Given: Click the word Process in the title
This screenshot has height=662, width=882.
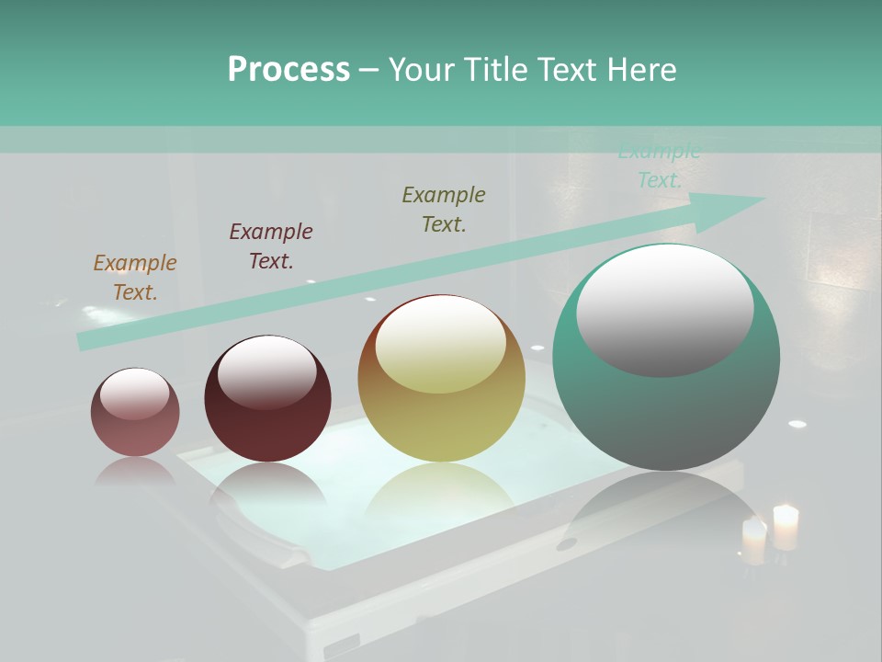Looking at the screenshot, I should pos(288,70).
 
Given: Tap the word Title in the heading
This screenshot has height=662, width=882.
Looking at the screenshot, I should pos(494,70).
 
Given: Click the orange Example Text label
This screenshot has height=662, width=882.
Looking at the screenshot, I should pos(135,278).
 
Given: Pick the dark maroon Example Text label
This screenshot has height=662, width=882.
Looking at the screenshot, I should pos(271,246).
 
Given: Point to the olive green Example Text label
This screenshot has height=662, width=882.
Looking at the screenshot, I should pos(444,210).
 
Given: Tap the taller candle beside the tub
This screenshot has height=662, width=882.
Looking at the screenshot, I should pos(786,527).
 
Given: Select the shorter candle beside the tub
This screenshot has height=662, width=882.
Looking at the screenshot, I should pos(754,541).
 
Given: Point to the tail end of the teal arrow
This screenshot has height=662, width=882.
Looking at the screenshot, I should pos(85,341).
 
